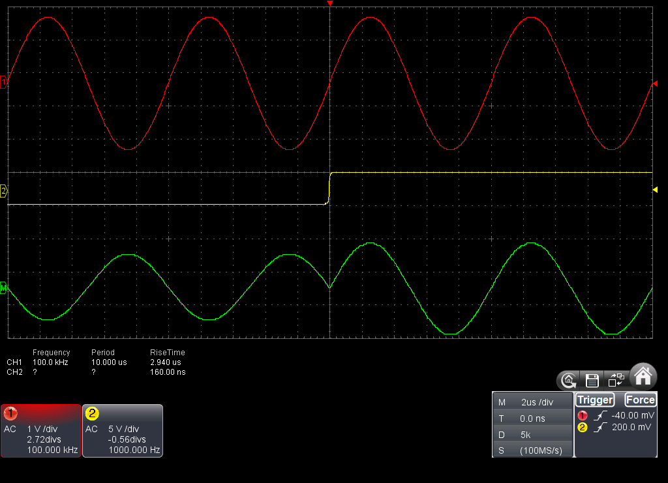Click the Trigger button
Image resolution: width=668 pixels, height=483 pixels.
(x=595, y=400)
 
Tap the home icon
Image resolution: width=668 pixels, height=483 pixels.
(x=643, y=375)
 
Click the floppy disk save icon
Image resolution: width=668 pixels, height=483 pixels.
(x=592, y=380)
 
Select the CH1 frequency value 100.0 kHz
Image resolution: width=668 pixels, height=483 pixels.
(x=50, y=362)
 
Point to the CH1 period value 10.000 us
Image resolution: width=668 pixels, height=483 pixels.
(x=109, y=362)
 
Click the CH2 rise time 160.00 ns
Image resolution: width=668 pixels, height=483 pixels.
(x=168, y=372)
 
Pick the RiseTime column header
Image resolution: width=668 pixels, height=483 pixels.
(x=168, y=353)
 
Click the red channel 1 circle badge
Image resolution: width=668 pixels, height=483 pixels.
(x=10, y=413)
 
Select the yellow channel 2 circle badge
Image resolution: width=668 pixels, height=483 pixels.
(x=92, y=413)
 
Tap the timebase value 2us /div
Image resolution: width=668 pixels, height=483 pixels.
(x=538, y=402)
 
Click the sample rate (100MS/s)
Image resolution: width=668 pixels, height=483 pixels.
(x=541, y=450)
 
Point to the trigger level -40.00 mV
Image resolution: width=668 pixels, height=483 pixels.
(x=633, y=415)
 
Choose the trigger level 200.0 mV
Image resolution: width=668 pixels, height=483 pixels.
(x=631, y=427)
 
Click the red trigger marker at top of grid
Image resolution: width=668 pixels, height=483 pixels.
(x=329, y=3)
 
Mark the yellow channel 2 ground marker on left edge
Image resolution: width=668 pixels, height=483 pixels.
(x=3, y=191)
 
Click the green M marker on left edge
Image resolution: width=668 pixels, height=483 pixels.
(x=3, y=288)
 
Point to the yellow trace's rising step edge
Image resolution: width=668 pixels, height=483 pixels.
(x=329, y=188)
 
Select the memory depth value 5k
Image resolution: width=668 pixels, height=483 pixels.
(x=526, y=435)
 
